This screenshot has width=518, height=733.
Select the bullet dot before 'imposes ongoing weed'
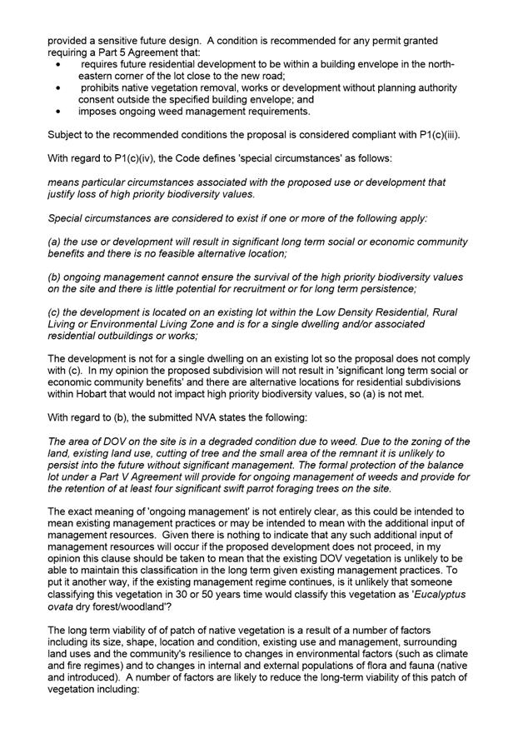[x=57, y=112]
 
